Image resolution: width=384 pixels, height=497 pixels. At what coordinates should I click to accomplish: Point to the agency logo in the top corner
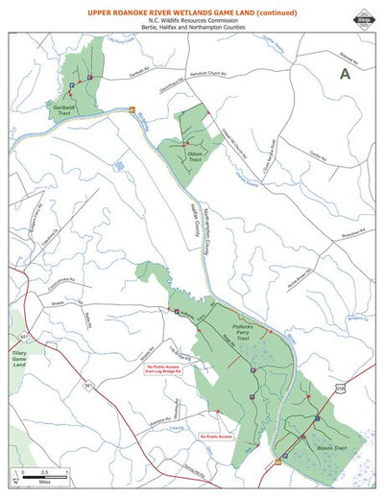364,14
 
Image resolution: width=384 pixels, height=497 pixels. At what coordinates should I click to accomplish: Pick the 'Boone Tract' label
331,444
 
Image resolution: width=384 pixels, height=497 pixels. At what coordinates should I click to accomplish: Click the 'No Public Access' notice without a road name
216,437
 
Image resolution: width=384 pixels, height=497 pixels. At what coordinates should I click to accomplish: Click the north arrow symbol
16,475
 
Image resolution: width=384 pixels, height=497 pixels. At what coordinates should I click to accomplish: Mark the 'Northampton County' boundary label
204,231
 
